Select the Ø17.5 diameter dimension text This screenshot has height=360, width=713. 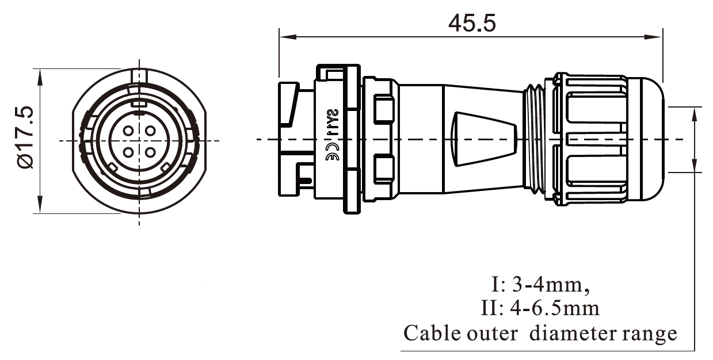pos(27,137)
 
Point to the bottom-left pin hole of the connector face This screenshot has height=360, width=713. pos(128,152)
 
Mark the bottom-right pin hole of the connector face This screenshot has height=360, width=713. pos(150,152)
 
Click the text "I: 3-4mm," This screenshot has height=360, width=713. pos(540,285)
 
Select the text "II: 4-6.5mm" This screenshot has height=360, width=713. pos(540,309)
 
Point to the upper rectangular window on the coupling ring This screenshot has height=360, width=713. pos(383,110)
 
